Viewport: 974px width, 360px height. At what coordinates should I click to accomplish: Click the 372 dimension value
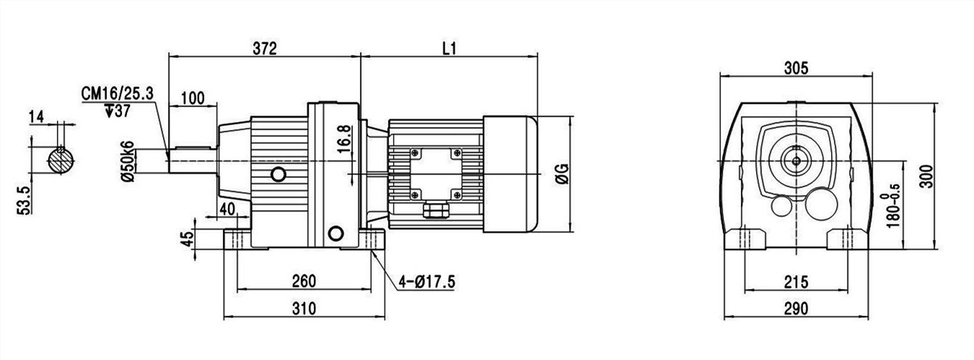coord(264,48)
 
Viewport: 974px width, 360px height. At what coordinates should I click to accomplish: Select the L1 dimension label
coord(449,48)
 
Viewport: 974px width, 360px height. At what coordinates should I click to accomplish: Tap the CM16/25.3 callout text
coord(118,94)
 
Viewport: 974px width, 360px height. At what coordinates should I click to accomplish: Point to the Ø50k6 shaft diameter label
coord(128,162)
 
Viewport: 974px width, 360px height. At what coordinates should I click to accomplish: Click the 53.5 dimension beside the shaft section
coord(25,200)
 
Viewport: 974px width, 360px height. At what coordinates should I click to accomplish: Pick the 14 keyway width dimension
coord(37,117)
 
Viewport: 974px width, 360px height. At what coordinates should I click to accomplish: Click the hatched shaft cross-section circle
coord(61,160)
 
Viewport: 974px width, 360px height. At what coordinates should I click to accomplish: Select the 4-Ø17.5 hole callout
coord(426,282)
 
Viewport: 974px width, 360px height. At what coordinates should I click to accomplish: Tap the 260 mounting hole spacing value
coord(304,281)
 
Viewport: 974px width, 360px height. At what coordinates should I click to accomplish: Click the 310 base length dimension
coord(304,309)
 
